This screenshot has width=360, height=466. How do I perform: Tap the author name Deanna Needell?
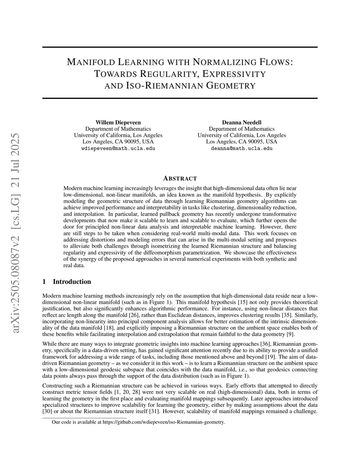(242, 122)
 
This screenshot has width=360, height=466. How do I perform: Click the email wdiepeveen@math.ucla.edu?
(118, 148)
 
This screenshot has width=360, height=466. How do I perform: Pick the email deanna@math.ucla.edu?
(242, 148)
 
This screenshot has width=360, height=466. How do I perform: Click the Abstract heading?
(180, 178)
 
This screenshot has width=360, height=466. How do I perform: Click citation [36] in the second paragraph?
(265, 344)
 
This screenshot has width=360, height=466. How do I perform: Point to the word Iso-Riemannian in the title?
(164, 85)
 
